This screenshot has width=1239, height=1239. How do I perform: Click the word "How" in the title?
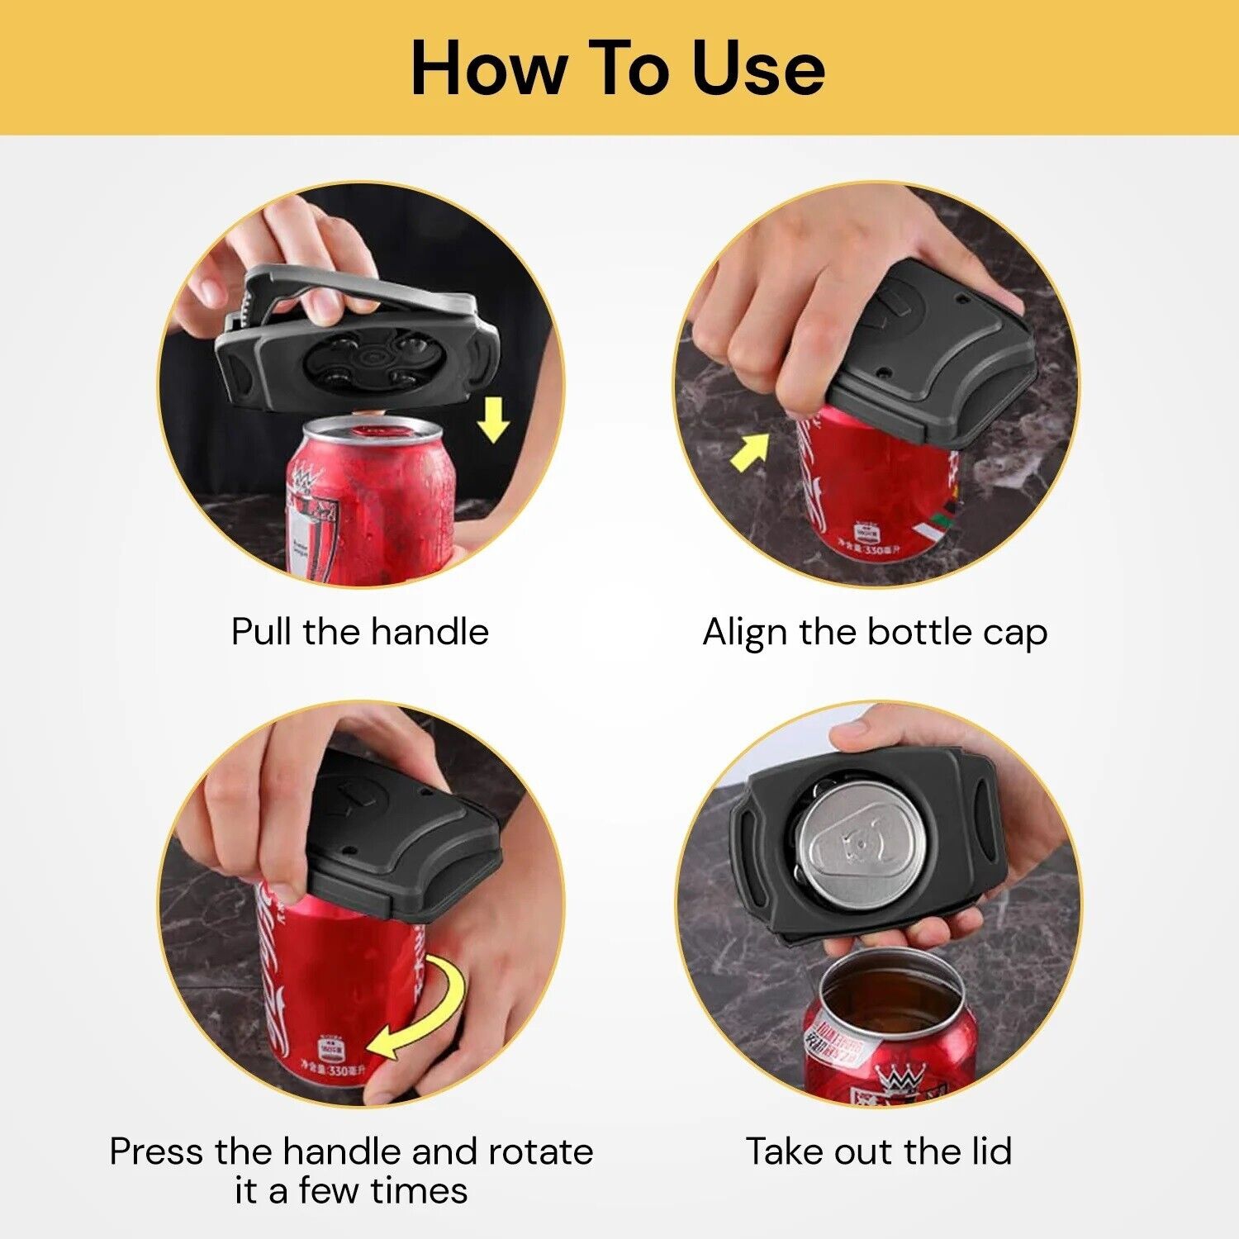click(x=487, y=69)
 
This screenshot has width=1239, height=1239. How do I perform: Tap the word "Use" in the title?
click(x=757, y=69)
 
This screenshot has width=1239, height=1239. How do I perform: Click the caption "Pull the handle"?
click(x=360, y=632)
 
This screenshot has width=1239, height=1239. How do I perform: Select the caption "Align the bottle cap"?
click(x=875, y=632)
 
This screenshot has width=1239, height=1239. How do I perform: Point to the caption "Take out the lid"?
click(x=879, y=1151)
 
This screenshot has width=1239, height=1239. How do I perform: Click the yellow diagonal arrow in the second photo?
click(x=749, y=453)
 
